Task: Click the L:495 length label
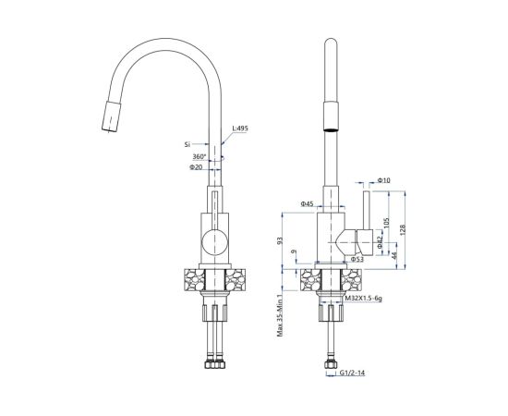coord(240,128)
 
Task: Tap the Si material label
coord(187,144)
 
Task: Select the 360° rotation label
coord(200,156)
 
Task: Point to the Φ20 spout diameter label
coord(196,167)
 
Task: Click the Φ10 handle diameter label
coord(384,180)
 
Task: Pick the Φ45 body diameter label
coord(307,204)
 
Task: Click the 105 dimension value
coord(386,223)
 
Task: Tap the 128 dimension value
coord(403,229)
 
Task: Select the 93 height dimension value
coord(280,240)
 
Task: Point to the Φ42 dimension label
coord(381,242)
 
